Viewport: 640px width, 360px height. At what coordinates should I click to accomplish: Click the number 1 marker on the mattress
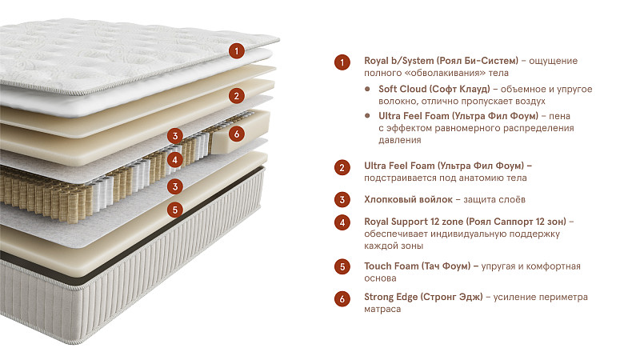click(235, 51)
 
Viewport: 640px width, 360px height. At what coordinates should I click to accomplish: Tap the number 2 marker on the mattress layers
click(235, 96)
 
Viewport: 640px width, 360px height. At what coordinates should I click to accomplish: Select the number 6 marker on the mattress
click(235, 134)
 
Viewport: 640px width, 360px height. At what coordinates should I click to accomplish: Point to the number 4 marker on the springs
click(175, 159)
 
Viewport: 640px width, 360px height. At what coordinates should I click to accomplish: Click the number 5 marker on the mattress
click(175, 210)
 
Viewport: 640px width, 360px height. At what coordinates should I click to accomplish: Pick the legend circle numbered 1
click(342, 62)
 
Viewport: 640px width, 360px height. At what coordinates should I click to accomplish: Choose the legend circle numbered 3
click(342, 200)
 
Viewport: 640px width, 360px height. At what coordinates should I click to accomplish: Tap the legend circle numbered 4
click(342, 222)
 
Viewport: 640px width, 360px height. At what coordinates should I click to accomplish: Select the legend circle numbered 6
click(342, 298)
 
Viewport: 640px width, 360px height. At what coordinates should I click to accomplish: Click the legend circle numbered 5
click(342, 266)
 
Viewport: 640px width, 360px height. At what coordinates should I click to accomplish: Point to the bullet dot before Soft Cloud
click(367, 89)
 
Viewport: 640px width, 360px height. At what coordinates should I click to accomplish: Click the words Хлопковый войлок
click(407, 199)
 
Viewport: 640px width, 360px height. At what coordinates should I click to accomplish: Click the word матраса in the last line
click(382, 310)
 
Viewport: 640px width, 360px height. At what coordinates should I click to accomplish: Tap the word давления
click(399, 140)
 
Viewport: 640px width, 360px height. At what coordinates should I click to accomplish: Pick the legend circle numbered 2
click(342, 167)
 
